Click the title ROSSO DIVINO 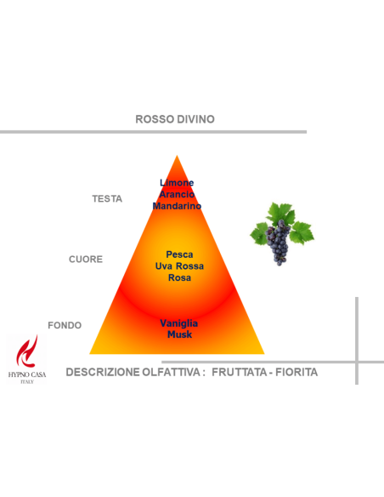point(175,119)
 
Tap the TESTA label point(107,199)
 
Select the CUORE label point(86,260)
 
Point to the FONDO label point(65,325)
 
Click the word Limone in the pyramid point(177,183)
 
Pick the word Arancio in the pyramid point(177,194)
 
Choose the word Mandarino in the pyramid point(177,206)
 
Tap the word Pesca point(179,254)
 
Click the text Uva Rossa point(179,266)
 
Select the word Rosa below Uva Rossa point(179,277)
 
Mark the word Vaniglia point(179,323)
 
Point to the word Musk point(179,334)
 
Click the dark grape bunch point(278,243)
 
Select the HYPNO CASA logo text point(27,374)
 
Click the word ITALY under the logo point(27,381)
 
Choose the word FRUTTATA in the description point(239,372)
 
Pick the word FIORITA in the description point(296,372)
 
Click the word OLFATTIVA point(171,372)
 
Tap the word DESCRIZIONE point(103,372)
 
